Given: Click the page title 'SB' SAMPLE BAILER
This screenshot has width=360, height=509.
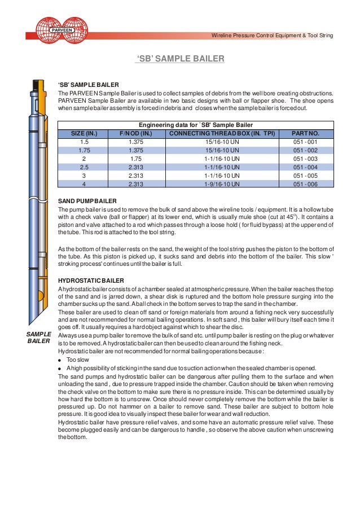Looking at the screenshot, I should click(x=181, y=58).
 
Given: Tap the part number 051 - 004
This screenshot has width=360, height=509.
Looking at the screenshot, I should click(x=305, y=167).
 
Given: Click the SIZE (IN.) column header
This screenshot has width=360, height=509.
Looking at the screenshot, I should click(x=84, y=134).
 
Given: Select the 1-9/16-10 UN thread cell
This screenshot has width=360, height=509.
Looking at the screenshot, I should click(x=223, y=184).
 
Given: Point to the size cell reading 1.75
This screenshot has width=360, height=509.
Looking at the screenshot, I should click(x=84, y=150).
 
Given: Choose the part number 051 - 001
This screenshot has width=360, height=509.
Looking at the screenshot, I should click(x=305, y=142).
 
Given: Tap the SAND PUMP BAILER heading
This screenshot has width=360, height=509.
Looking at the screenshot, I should click(x=87, y=200).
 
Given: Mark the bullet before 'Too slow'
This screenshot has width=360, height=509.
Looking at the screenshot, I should click(x=60, y=359).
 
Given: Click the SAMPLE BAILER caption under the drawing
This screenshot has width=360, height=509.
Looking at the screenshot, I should click(x=38, y=337).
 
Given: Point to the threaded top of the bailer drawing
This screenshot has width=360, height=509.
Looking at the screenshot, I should click(x=38, y=89).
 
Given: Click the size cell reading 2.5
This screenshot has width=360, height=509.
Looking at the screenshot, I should click(x=84, y=167).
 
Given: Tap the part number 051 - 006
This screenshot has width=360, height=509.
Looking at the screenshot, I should click(x=305, y=184).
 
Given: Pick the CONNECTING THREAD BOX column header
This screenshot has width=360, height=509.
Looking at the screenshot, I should click(x=223, y=134).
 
